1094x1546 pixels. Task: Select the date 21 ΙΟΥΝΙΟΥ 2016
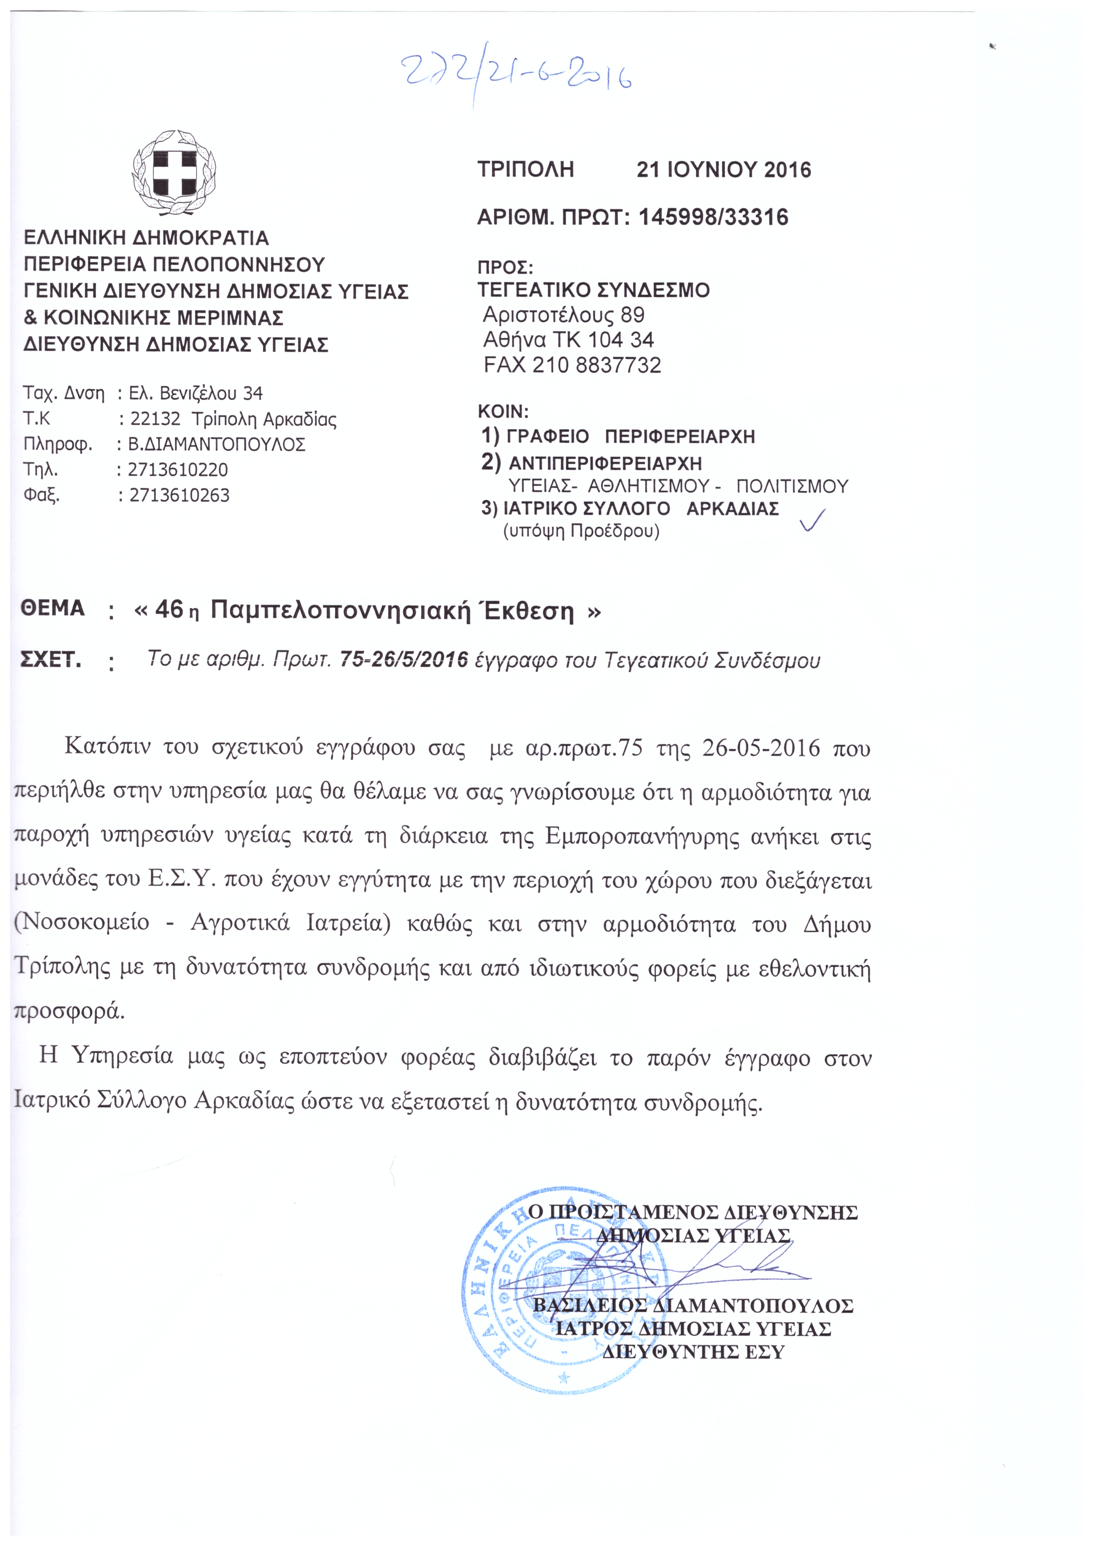click(724, 170)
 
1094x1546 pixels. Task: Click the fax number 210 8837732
click(596, 365)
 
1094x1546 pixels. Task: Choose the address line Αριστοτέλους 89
click(564, 314)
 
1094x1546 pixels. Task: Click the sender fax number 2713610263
click(179, 495)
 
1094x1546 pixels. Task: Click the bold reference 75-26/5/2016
click(403, 660)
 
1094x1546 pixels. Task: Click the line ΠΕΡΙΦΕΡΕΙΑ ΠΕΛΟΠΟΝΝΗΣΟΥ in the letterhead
click(175, 264)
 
